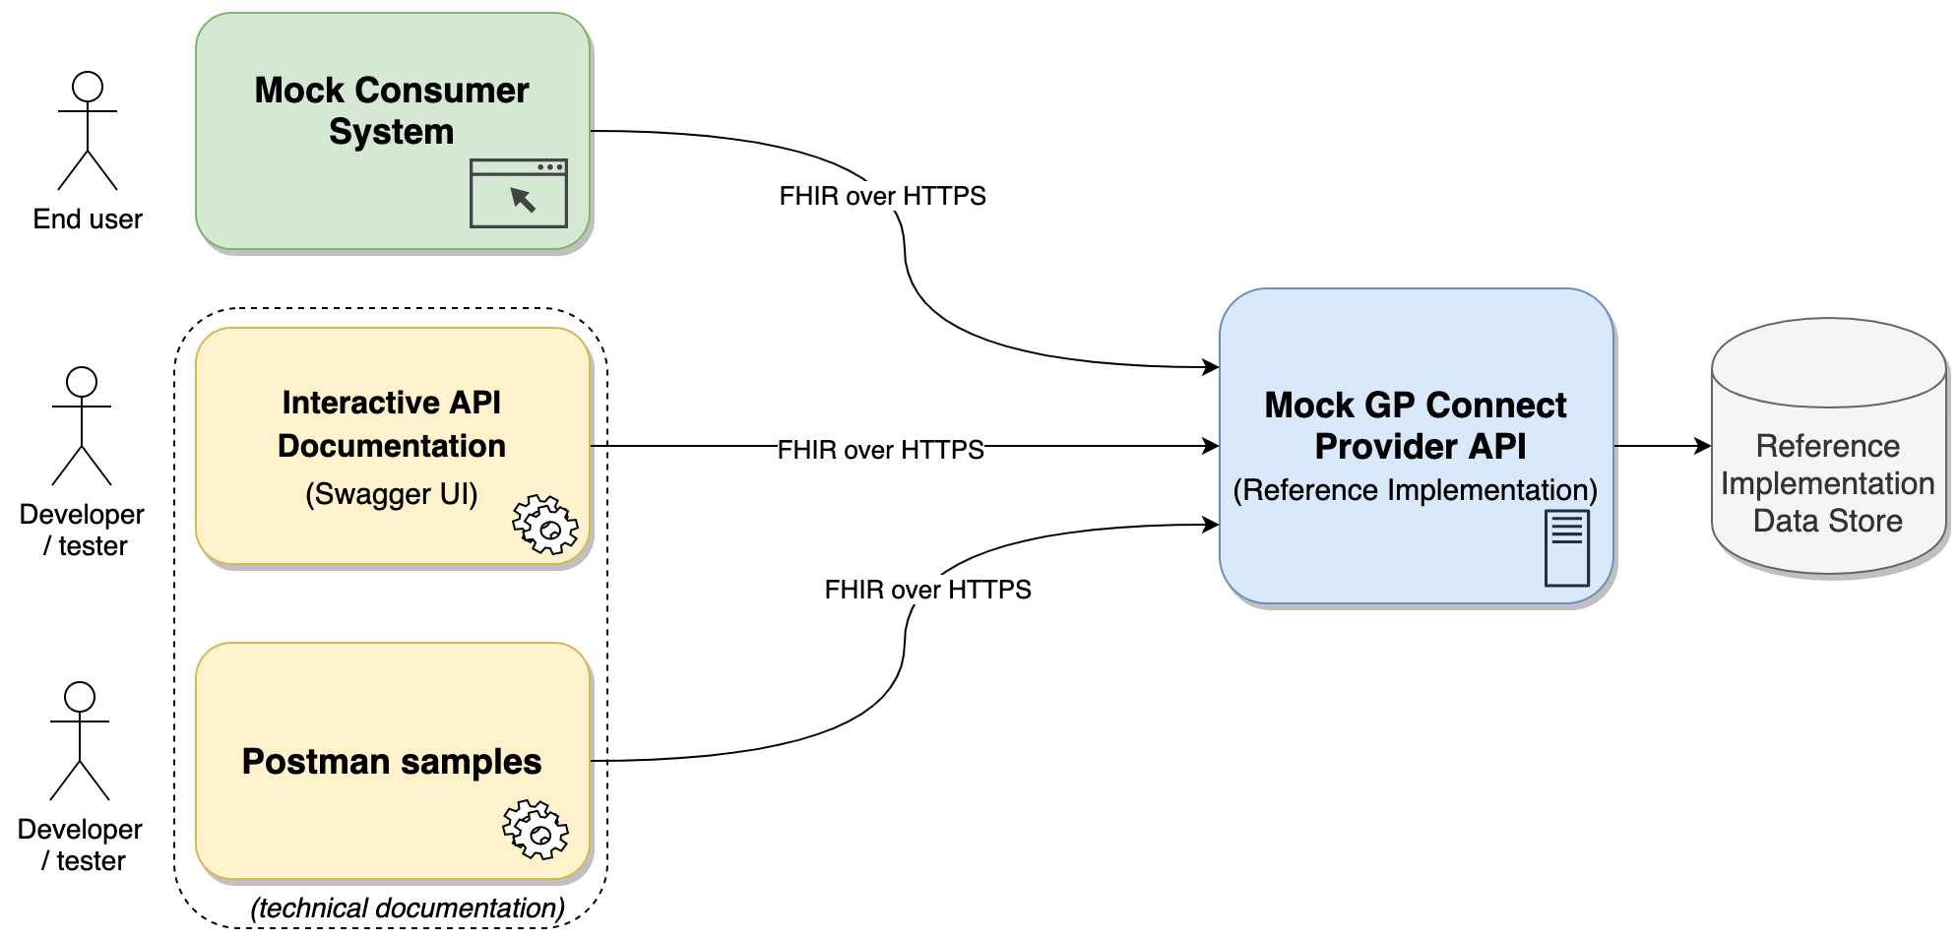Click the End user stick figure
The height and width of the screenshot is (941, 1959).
(x=88, y=130)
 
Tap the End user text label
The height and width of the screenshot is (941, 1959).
(x=88, y=219)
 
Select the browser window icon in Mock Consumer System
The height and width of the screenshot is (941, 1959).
(x=519, y=193)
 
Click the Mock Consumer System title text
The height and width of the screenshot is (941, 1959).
(x=392, y=110)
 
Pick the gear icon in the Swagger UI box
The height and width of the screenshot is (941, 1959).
(x=544, y=525)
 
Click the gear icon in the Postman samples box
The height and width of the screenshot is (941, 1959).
(x=536, y=830)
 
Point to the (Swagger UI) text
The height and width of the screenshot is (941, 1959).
(x=392, y=493)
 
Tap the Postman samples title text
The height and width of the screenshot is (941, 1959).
(x=392, y=761)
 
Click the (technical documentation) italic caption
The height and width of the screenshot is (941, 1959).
(x=408, y=908)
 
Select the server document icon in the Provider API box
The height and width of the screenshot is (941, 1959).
(x=1566, y=548)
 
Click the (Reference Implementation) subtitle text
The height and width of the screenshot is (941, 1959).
(x=1415, y=489)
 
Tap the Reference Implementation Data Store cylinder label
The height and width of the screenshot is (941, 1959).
(x=1827, y=483)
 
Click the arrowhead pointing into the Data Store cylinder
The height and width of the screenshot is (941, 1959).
(x=1703, y=446)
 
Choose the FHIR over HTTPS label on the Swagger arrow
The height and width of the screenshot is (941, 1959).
(x=880, y=450)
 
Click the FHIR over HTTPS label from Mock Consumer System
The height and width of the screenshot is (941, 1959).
(x=882, y=196)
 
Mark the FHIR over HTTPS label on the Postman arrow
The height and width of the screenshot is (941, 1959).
(x=927, y=590)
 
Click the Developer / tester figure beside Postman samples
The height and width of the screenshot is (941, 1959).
(x=80, y=740)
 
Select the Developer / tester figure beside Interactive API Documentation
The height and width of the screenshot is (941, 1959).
(x=82, y=425)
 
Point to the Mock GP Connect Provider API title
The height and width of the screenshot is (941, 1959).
(x=1417, y=425)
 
